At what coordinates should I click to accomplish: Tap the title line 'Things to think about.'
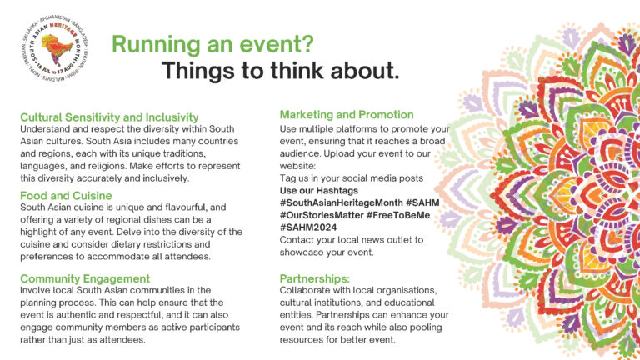(280, 72)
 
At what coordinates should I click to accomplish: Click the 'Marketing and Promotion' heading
(347, 114)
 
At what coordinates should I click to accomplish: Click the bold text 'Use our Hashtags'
(324, 191)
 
